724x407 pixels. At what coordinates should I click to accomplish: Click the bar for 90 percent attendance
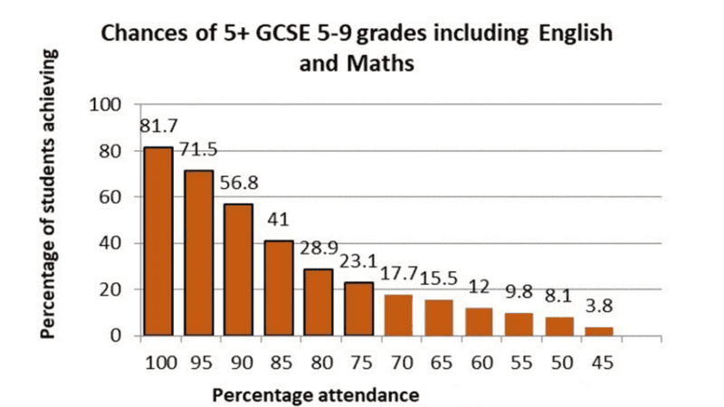238,270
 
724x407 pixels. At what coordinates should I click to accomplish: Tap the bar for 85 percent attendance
278,288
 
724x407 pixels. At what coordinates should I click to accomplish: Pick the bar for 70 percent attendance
397,315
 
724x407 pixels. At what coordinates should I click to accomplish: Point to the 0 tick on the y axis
117,336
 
